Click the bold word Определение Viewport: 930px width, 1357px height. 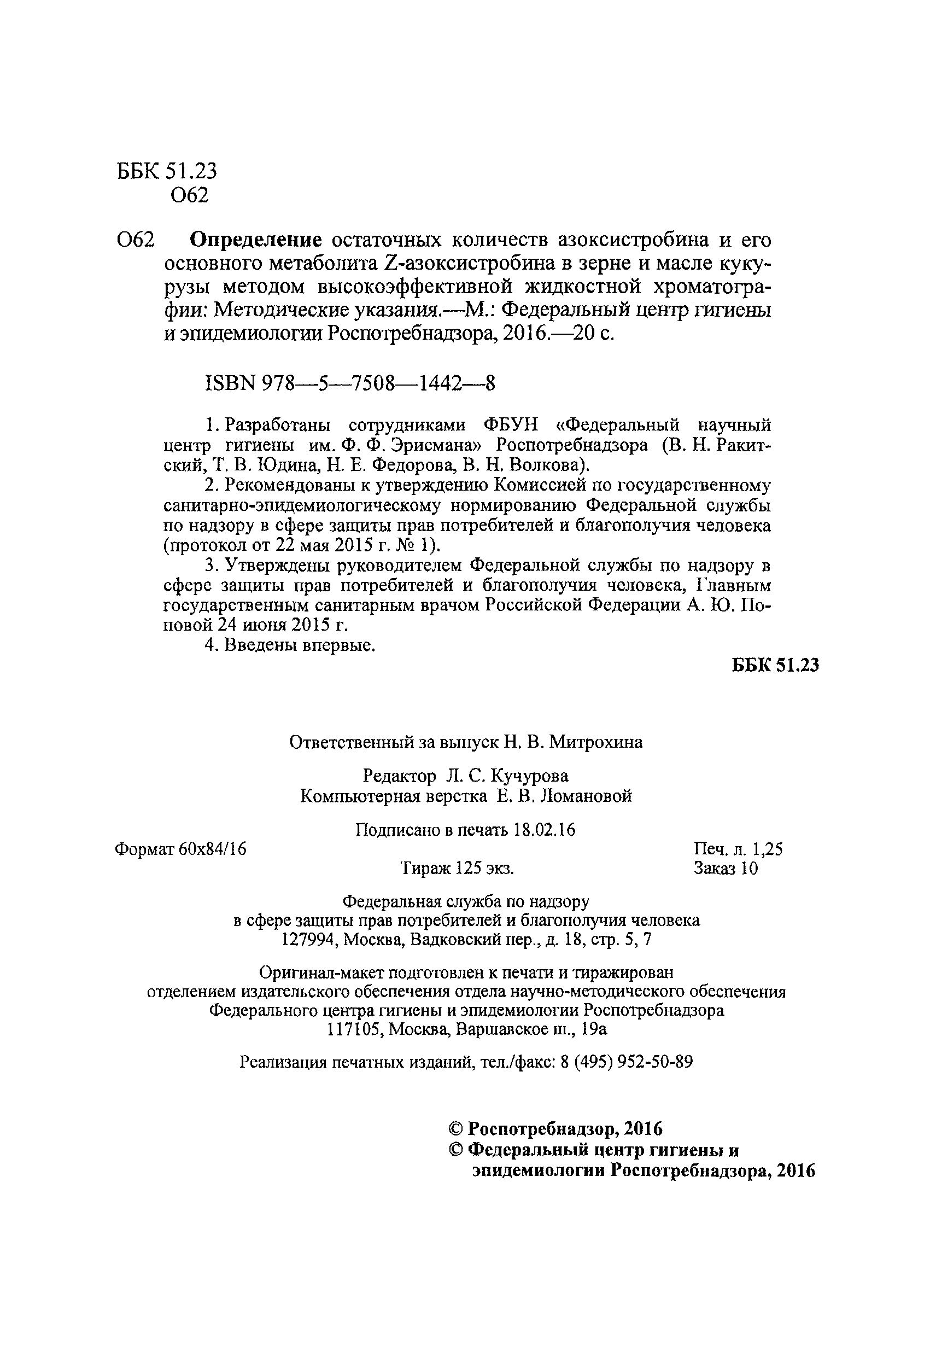pos(257,240)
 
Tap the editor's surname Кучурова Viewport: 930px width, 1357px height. pos(529,776)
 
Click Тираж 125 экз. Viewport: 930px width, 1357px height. pos(457,869)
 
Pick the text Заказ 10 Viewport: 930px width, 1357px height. pos(726,869)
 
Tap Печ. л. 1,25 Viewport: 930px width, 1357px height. pos(738,849)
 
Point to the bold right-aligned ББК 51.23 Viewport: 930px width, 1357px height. pos(775,665)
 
